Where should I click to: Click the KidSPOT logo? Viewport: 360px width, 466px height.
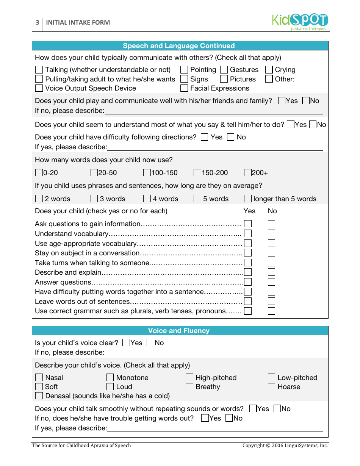click(x=300, y=22)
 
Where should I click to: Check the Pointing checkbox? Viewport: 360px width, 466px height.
click(x=184, y=70)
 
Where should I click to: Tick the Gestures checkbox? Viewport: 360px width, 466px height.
click(x=224, y=70)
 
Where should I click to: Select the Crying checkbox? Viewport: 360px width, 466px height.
click(x=269, y=70)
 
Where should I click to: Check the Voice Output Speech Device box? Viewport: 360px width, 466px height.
click(x=39, y=88)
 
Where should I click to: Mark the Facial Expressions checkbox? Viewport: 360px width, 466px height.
click(x=184, y=88)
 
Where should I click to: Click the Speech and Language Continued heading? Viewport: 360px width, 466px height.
click(x=179, y=46)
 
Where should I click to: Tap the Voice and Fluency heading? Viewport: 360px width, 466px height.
click(x=179, y=331)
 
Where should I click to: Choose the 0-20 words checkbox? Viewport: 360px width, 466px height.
click(x=39, y=173)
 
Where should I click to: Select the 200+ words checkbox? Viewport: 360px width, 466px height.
click(x=248, y=173)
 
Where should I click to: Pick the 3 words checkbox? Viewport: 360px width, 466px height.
click(x=94, y=199)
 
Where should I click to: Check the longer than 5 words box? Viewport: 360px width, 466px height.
click(x=248, y=199)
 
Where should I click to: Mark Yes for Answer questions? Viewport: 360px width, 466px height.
click(x=248, y=282)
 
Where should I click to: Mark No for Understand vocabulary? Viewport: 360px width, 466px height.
click(x=271, y=234)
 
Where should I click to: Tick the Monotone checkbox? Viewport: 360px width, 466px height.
click(x=110, y=378)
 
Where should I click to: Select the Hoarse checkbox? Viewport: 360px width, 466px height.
click(x=271, y=387)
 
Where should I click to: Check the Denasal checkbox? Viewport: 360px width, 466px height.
click(x=39, y=396)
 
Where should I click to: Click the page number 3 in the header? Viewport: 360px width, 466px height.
click(x=37, y=22)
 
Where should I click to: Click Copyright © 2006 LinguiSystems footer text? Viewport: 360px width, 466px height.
click(x=285, y=446)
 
